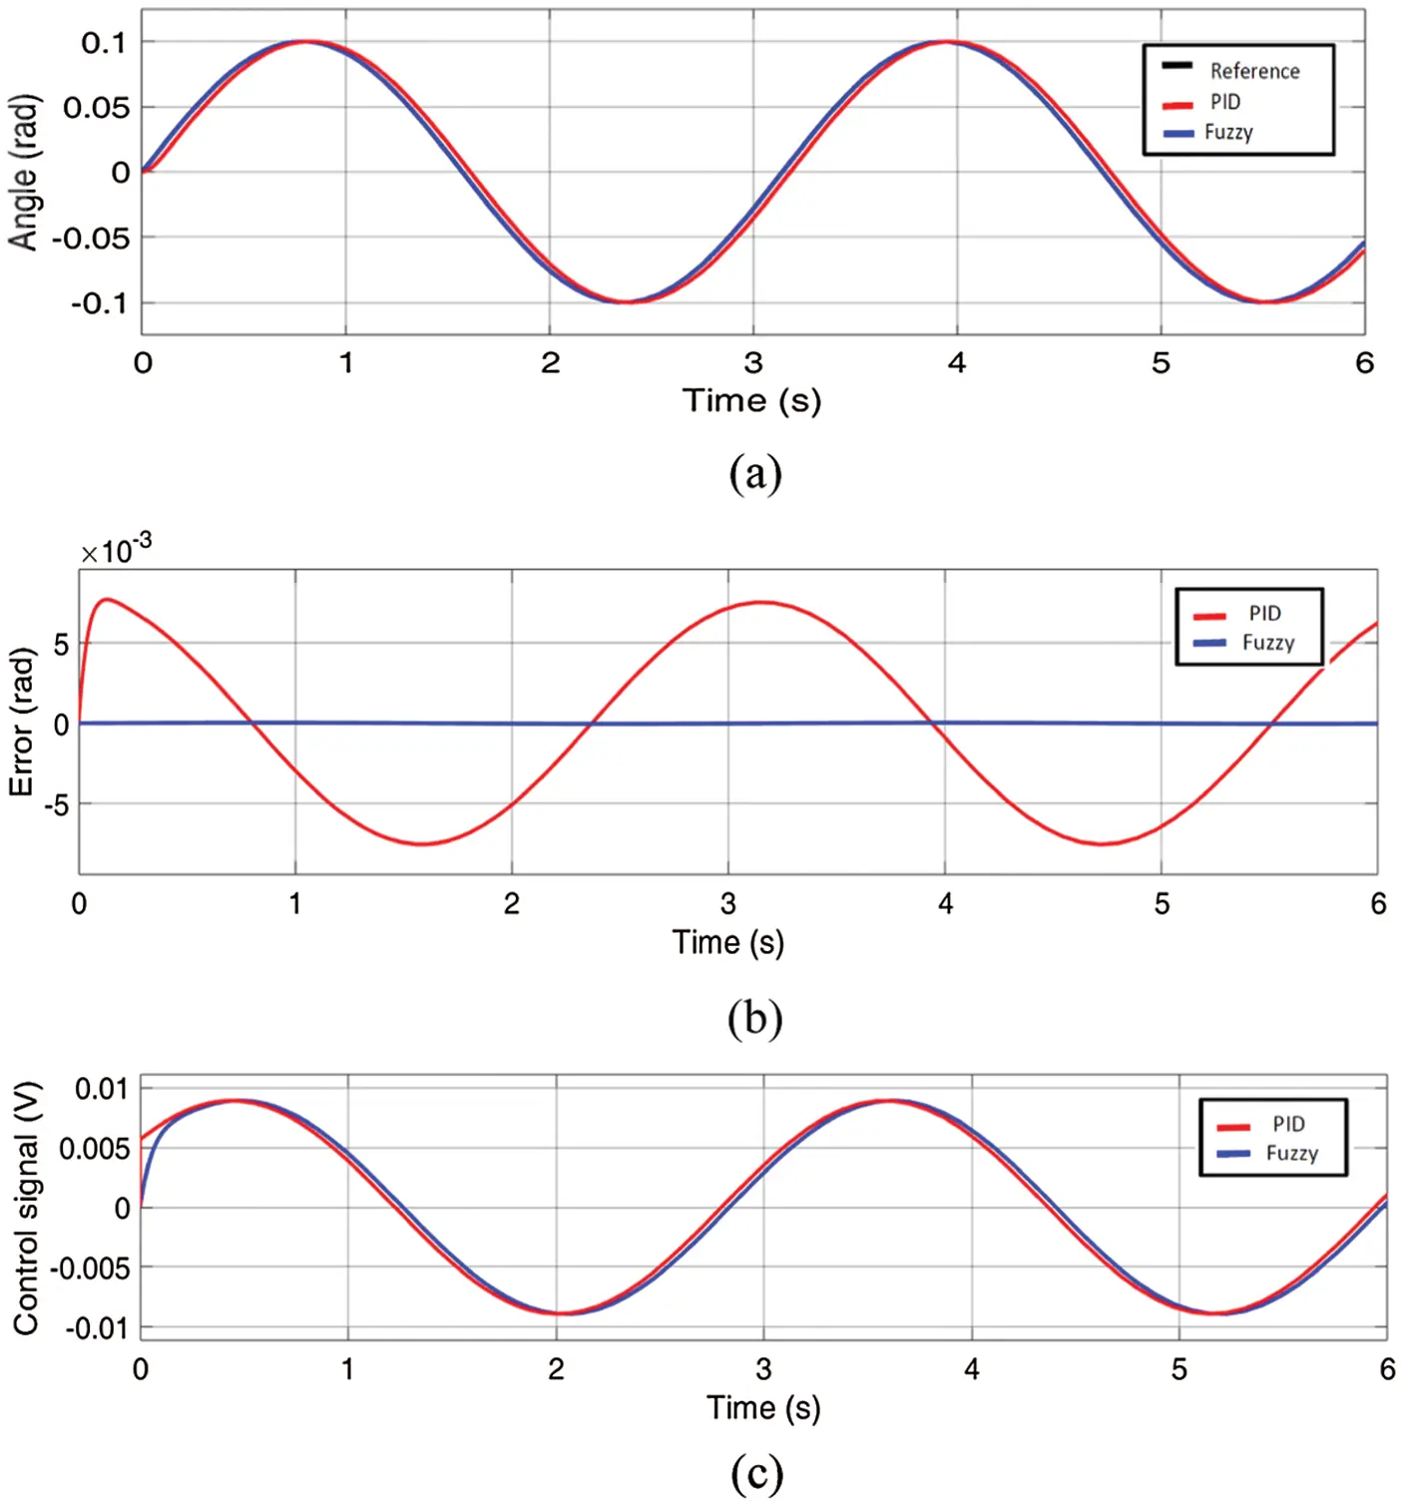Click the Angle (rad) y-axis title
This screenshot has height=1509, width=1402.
pos(24,173)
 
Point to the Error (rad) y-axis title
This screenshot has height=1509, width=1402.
pos(22,722)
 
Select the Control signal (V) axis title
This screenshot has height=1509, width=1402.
pos(26,1208)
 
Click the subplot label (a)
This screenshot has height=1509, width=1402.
pos(754,473)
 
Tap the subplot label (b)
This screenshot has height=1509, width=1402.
pos(754,1018)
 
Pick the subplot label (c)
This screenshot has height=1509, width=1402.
pos(755,1473)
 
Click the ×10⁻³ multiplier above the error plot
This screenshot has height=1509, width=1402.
pos(116,550)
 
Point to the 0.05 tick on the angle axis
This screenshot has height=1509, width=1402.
pos(97,108)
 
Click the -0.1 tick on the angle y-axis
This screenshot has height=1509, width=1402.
pos(99,303)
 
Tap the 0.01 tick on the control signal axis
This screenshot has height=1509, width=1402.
pos(102,1088)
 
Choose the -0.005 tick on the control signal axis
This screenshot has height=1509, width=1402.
pos(90,1268)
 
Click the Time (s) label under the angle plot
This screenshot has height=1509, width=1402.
pos(751,401)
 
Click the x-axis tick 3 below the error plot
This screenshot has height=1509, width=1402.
pos(728,904)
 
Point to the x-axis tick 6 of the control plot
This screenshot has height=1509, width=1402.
pos(1386,1369)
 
